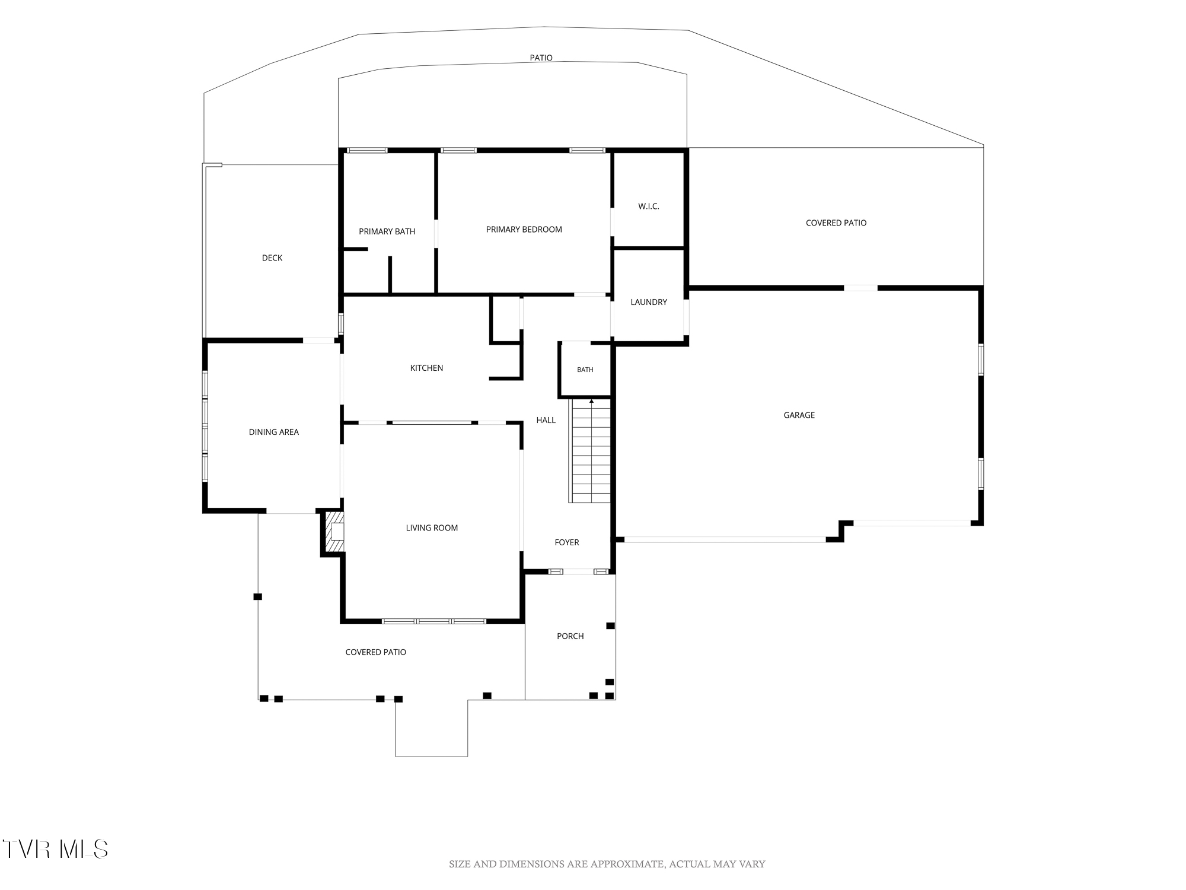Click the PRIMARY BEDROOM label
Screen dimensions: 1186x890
[524, 230]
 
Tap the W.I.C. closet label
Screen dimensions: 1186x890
[649, 206]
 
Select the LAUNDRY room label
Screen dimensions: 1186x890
[649, 302]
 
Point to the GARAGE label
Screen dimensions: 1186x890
[799, 415]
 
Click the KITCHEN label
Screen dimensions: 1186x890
[427, 368]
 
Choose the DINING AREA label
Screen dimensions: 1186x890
[274, 432]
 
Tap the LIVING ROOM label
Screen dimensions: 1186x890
[432, 528]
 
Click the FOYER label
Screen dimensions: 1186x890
[567, 542]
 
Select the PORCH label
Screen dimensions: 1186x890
[570, 636]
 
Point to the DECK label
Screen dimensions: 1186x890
[272, 258]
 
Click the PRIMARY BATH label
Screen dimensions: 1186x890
[387, 231]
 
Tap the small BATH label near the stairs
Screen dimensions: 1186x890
[585, 370]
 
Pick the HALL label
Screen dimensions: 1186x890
[546, 420]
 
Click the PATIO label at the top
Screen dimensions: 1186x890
[541, 58]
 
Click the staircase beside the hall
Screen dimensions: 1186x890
[591, 451]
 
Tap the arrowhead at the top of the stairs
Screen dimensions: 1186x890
[591, 402]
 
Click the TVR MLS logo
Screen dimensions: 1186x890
[55, 849]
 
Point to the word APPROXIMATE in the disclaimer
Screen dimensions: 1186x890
[628, 864]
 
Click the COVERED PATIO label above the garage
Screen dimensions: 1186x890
[836, 223]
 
